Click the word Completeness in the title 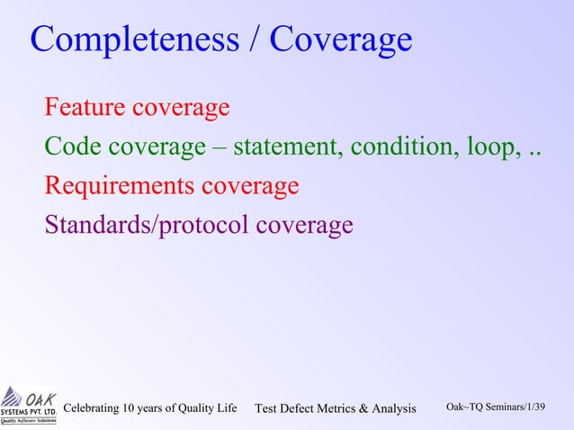135,40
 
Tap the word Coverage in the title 341,40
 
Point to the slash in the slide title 256,40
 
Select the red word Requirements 119,186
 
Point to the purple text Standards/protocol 148,225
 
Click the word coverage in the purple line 304,225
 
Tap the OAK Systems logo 29,405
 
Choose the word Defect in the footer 301,409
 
